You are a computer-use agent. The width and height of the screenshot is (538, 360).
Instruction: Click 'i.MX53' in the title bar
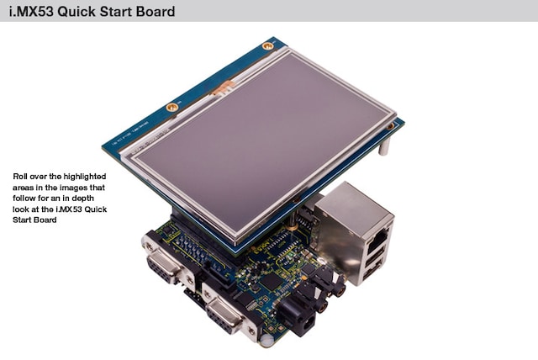coord(31,11)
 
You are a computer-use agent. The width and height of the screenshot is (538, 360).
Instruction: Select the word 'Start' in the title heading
coord(114,11)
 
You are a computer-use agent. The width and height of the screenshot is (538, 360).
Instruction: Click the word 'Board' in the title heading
coord(156,11)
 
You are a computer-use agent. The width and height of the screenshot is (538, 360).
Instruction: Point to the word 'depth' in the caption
coord(82,199)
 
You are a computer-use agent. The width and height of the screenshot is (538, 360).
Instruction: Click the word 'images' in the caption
coord(73,188)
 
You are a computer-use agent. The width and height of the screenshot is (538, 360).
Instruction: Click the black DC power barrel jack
coord(298,317)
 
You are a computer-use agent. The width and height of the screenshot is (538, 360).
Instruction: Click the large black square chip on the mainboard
coord(271,282)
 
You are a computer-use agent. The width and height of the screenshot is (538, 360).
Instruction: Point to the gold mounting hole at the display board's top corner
coord(267,45)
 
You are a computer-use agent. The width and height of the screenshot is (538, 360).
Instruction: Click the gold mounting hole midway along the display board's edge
coord(171,108)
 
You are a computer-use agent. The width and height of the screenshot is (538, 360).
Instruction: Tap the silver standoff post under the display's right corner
coord(384,146)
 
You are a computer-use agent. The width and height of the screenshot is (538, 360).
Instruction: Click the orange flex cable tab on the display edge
coord(223,87)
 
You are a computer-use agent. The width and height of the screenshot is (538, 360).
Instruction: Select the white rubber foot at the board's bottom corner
coord(266,341)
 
